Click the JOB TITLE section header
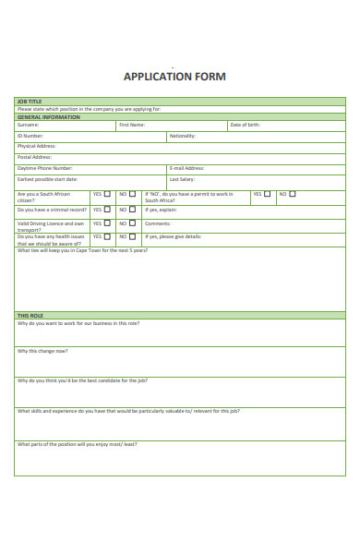pos(30,101)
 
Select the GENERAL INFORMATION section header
pos(48,117)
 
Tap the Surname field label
pos(28,125)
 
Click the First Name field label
pos(131,125)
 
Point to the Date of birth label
pos(246,125)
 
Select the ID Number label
pos(30,136)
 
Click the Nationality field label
pos(182,136)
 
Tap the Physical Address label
pos(36,146)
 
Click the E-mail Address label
pos(186,168)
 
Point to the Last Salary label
pos(181,179)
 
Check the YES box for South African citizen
pos(107,195)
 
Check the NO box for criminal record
pos(132,210)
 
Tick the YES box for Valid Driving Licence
pos(107,223)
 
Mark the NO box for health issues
pos(132,236)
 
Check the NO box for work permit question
pos(293,195)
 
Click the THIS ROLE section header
pos(30,316)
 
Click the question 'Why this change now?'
pos(42,351)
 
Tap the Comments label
pos(157,223)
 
